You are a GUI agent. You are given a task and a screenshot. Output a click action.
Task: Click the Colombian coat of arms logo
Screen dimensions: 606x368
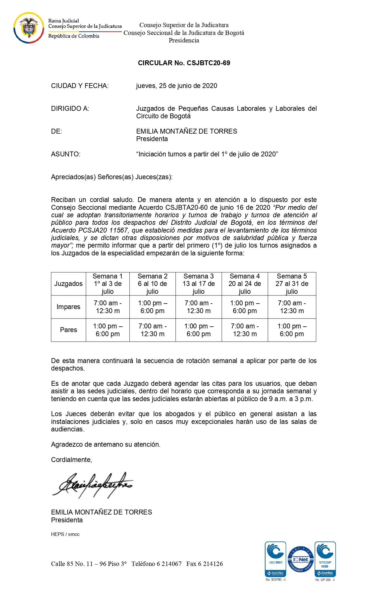(x=28, y=28)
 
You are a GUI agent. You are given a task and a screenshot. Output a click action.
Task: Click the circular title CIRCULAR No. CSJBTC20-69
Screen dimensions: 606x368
(x=184, y=63)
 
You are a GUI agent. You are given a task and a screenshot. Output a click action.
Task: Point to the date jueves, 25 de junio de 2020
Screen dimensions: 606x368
(x=176, y=86)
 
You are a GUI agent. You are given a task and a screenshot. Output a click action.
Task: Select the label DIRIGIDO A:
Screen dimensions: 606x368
(x=70, y=109)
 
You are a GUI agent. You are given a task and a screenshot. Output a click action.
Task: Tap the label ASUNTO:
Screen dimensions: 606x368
(x=66, y=154)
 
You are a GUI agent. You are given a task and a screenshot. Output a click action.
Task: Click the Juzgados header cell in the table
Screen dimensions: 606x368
(x=68, y=284)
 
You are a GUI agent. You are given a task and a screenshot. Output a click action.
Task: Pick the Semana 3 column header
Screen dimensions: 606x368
(x=199, y=284)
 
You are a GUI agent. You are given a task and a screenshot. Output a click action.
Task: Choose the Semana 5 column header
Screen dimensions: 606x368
(x=292, y=284)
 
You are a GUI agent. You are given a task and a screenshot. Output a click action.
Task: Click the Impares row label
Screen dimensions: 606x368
(x=68, y=307)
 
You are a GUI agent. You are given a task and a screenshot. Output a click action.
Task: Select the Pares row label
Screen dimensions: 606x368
(x=68, y=330)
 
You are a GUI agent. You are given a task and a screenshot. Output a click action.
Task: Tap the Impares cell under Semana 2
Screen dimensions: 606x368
(x=152, y=307)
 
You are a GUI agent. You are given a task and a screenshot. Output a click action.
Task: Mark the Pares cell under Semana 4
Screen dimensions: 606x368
(x=245, y=330)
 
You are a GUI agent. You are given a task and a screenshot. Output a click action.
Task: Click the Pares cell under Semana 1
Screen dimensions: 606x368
(x=108, y=330)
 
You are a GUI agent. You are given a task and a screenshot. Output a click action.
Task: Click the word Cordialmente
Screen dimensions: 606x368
(x=71, y=460)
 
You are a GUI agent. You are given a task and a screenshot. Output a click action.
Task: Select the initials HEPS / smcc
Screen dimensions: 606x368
(x=65, y=534)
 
